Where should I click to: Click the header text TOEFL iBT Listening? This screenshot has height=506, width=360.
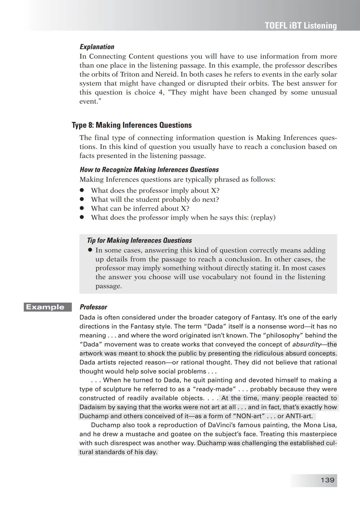point(300,26)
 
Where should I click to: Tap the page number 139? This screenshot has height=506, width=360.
point(327,480)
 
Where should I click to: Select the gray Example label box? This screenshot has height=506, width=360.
point(48,307)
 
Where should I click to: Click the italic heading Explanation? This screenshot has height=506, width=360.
point(97,47)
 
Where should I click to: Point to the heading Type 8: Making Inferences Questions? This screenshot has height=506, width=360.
point(132,125)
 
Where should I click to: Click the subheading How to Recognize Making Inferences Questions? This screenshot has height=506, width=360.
point(149,170)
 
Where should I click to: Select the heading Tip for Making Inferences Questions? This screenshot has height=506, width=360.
point(139,241)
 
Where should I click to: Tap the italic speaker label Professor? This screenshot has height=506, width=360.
point(93,307)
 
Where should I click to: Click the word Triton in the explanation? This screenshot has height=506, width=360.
point(130,74)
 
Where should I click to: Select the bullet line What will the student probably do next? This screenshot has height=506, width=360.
point(155,200)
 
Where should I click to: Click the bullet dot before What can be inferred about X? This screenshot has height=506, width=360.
point(81,209)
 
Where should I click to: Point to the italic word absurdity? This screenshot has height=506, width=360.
point(306,344)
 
